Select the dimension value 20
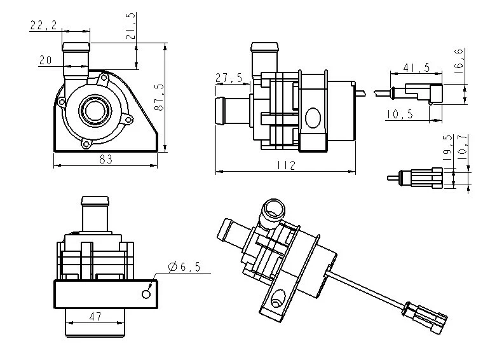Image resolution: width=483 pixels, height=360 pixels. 45,60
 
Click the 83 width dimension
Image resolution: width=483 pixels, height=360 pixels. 105,160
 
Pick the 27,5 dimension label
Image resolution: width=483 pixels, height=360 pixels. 229,78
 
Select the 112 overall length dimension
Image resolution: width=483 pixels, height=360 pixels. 287,165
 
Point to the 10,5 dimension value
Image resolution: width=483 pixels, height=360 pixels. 399,114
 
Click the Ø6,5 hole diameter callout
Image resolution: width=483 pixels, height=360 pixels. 185,268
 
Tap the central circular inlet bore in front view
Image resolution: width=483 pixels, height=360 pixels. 95,110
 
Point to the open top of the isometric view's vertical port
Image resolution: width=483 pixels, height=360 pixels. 275,207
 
